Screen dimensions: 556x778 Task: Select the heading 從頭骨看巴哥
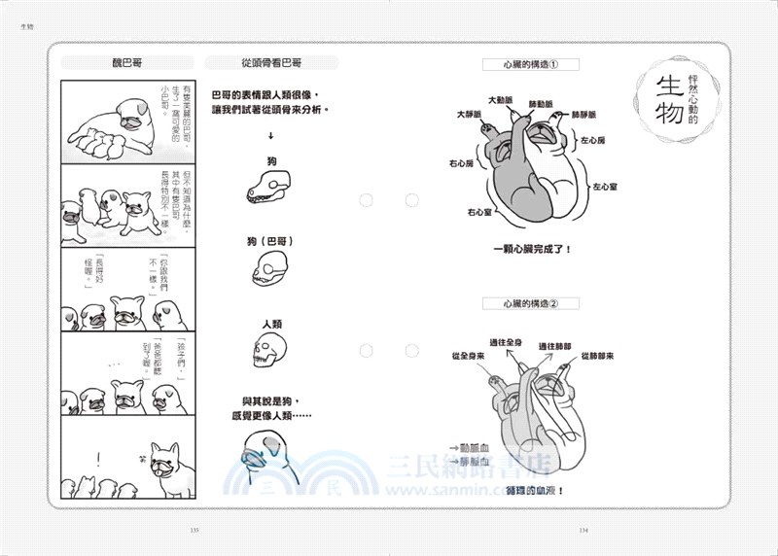[x=271, y=63]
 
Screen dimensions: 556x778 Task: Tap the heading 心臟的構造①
[x=531, y=66]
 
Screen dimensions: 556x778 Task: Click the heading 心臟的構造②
[x=531, y=303]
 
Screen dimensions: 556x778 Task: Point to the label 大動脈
[x=502, y=100]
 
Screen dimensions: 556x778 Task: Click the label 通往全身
[x=507, y=344]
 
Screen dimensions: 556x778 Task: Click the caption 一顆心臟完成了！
[x=532, y=249]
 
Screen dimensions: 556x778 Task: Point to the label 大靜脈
[x=472, y=115]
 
